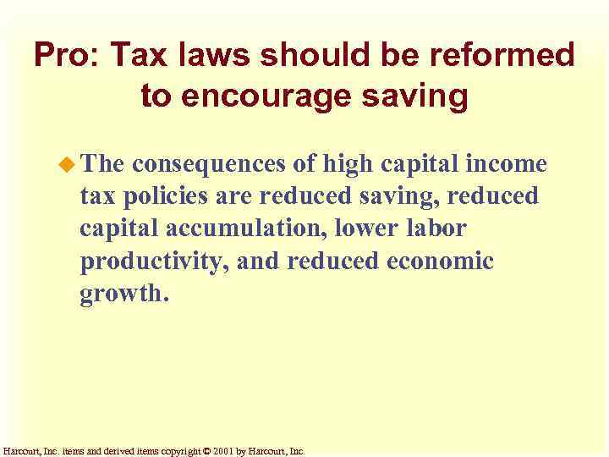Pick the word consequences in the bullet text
click(x=220, y=164)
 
